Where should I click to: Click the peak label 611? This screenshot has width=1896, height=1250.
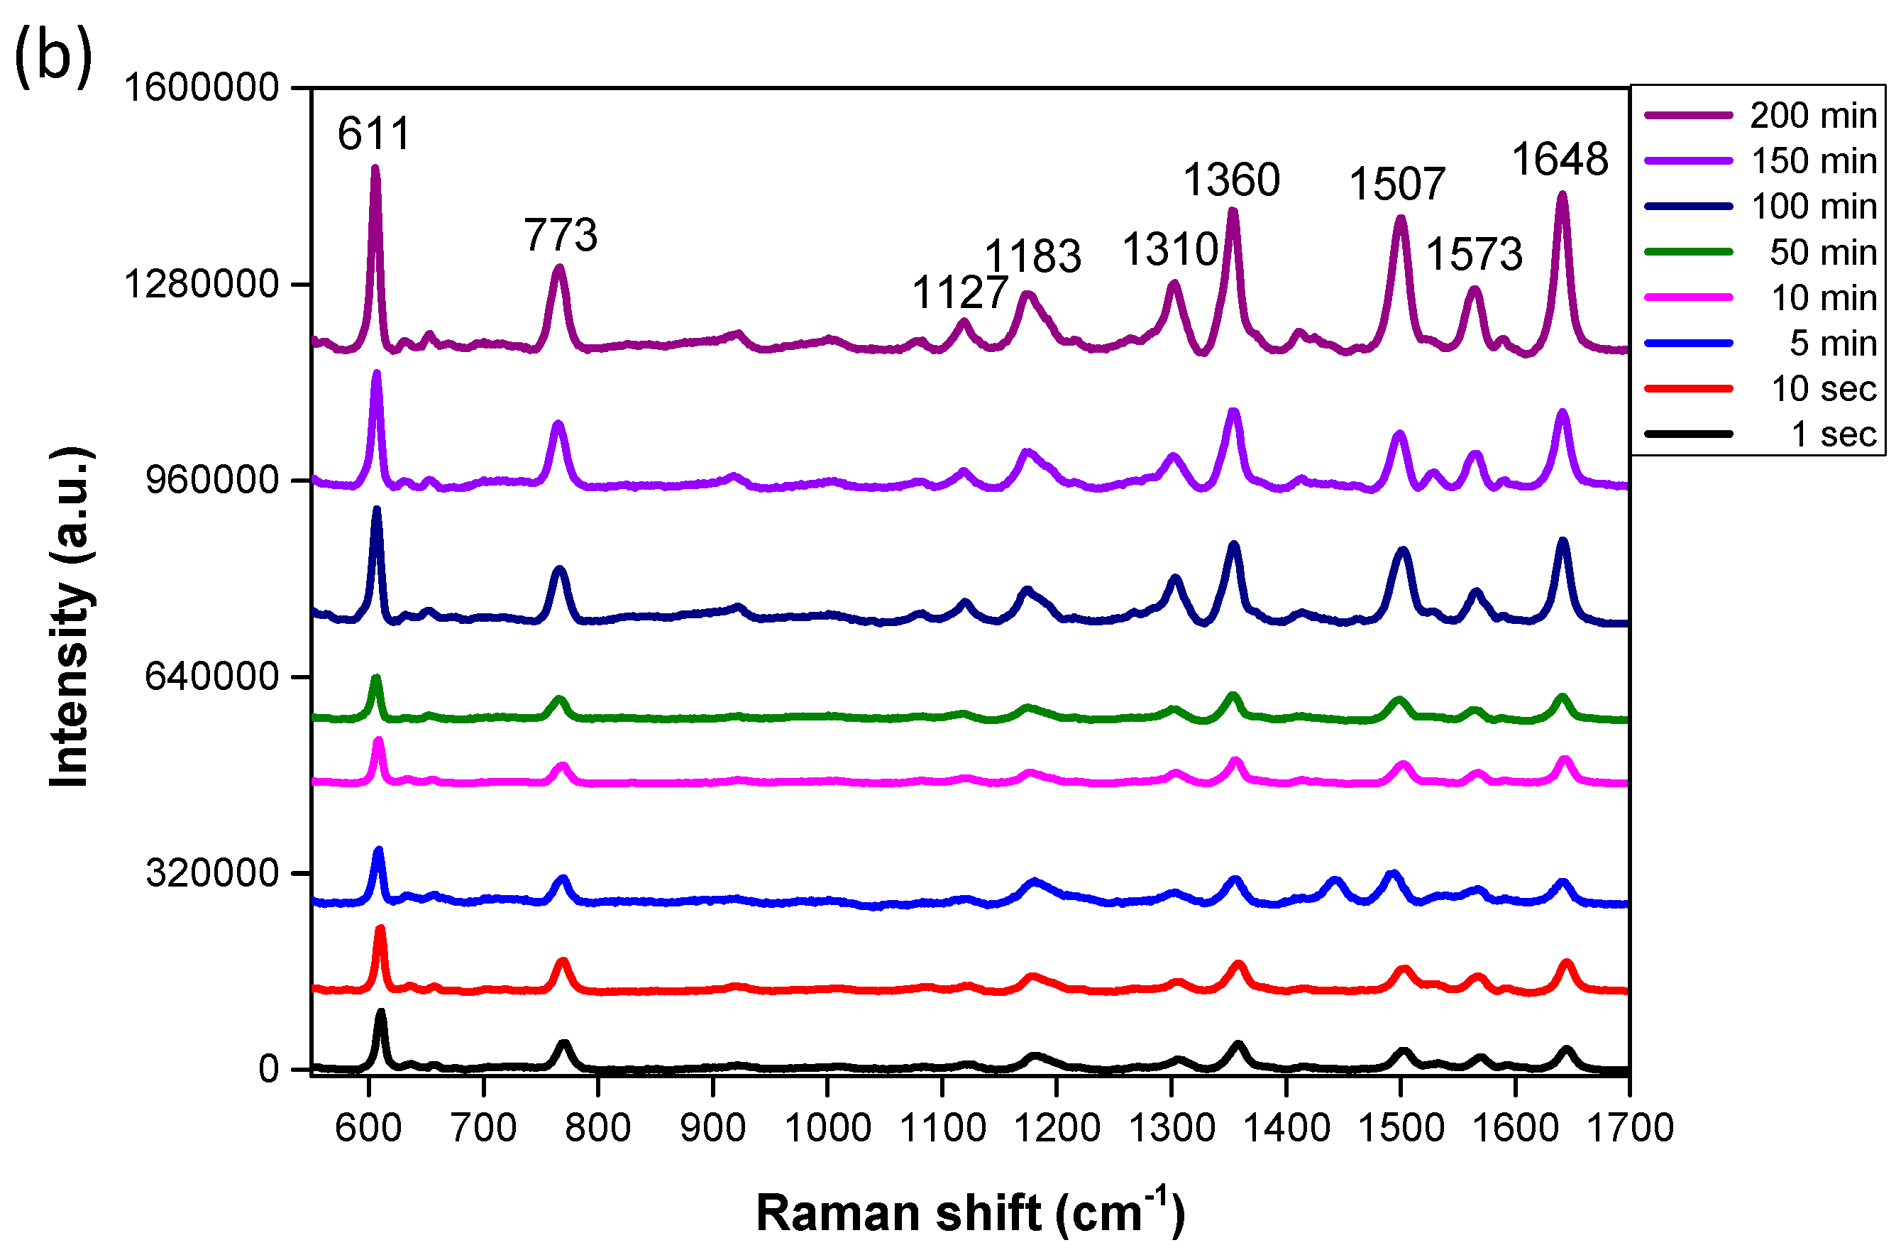pos(374,133)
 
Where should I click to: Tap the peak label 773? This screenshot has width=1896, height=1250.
pos(561,235)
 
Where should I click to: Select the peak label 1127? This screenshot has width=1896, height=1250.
pos(959,292)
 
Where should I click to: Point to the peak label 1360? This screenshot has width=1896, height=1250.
pos(1231,180)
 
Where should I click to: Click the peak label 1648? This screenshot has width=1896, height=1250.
pos(1560,160)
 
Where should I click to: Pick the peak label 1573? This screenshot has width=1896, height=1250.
pos(1474,255)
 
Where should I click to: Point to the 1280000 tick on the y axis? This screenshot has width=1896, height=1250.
pos(202,284)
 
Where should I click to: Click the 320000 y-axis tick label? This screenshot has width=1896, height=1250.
pos(212,873)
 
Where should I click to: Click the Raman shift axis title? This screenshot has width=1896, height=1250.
pos(970,1212)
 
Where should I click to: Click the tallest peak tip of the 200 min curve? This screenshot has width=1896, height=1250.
pos(375,168)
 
